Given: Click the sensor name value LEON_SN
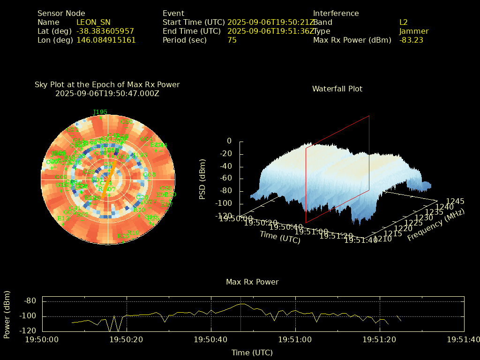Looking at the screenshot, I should pyautogui.click(x=93, y=22).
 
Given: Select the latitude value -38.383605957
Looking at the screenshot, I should pyautogui.click(x=105, y=31).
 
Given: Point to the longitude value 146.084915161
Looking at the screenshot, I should pyautogui.click(x=106, y=40).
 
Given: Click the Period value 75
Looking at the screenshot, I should pyautogui.click(x=232, y=40).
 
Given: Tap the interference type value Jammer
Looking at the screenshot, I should pyautogui.click(x=414, y=31).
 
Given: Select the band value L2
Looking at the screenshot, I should pyautogui.click(x=404, y=22).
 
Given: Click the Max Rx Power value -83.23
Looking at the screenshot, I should pyautogui.click(x=411, y=40).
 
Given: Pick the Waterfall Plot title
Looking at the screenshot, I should pyautogui.click(x=337, y=89).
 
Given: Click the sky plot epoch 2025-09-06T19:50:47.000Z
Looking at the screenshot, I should pyautogui.click(x=107, y=93).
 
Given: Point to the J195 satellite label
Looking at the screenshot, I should pyautogui.click(x=100, y=112).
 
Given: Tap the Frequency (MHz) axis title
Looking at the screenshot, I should pyautogui.click(x=436, y=225).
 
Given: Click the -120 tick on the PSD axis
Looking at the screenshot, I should pyautogui.click(x=223, y=216).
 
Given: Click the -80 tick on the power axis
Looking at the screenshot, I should pyautogui.click(x=30, y=301).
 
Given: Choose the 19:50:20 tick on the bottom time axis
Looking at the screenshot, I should pyautogui.click(x=127, y=339).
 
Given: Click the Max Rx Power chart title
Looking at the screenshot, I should pyautogui.click(x=252, y=282).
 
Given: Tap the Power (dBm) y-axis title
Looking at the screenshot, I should pyautogui.click(x=7, y=317).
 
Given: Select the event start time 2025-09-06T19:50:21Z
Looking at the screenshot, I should pyautogui.click(x=271, y=22).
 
